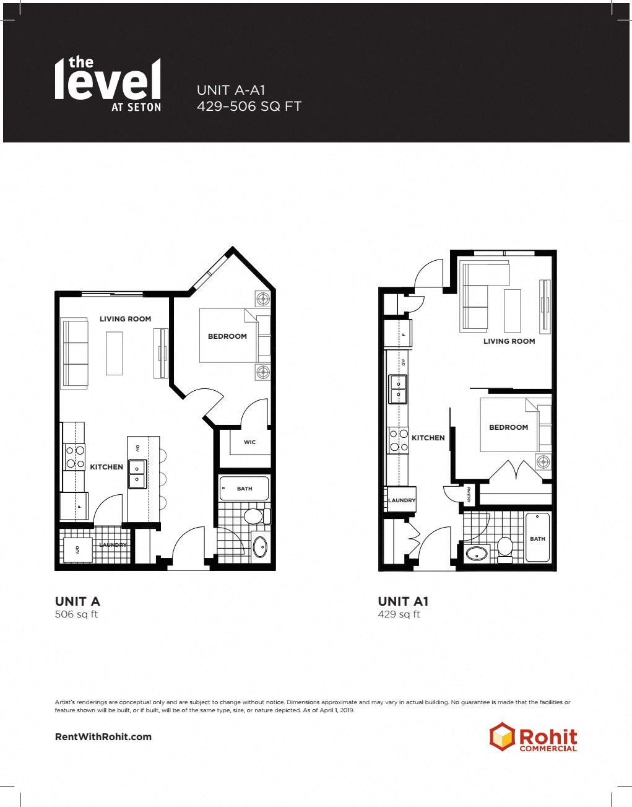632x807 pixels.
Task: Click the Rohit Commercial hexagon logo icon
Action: point(502,736)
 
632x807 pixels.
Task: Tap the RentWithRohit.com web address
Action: point(103,736)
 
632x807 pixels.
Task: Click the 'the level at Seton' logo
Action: point(108,84)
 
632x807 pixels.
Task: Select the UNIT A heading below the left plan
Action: point(77,601)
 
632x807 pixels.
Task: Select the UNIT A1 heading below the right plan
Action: point(403,601)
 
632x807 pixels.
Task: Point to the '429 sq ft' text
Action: point(399,614)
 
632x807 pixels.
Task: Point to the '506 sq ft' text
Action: point(76,614)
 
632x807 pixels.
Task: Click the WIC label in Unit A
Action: point(249,442)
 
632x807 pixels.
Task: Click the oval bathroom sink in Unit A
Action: point(261,547)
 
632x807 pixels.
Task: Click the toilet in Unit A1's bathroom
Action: point(505,548)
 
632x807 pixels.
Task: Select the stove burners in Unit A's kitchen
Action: point(76,457)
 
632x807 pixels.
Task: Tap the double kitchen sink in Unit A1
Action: point(398,388)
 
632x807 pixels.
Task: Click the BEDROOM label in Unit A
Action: point(227,336)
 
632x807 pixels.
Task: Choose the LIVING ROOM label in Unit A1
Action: point(509,341)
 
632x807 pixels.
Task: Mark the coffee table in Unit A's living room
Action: point(114,353)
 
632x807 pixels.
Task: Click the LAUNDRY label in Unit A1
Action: point(402,500)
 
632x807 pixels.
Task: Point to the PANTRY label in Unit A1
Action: point(469,494)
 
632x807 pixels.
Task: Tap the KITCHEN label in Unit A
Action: point(106,467)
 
